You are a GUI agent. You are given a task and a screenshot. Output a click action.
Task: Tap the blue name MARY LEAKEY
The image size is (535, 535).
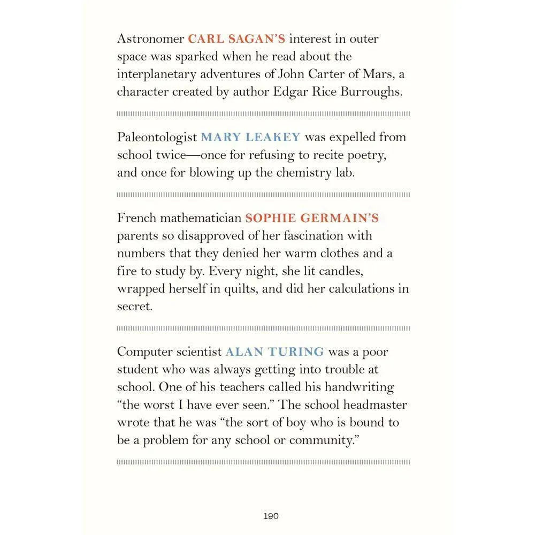[250, 137]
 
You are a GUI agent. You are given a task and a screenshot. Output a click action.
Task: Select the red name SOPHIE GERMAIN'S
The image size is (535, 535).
[312, 218]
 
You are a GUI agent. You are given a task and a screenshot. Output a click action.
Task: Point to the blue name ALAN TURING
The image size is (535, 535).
[274, 352]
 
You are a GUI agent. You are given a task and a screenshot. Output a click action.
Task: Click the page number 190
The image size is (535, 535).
[271, 516]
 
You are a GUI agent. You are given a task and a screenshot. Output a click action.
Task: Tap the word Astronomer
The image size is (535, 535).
[150, 39]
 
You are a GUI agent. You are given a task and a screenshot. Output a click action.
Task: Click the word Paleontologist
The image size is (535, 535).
[157, 137]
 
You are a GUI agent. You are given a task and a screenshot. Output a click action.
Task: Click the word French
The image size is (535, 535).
[135, 218]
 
